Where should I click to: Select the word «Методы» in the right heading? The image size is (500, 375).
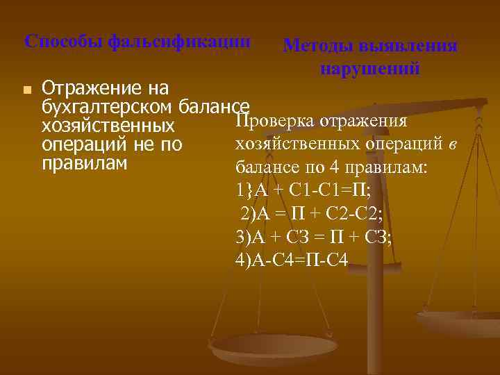[319, 47]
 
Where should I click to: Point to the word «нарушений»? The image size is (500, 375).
[370, 69]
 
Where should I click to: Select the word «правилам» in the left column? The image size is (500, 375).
[85, 164]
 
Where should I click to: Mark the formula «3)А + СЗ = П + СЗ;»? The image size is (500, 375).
[314, 236]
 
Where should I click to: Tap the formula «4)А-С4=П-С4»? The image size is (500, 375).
[292, 259]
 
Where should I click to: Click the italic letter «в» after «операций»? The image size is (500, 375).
[452, 144]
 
